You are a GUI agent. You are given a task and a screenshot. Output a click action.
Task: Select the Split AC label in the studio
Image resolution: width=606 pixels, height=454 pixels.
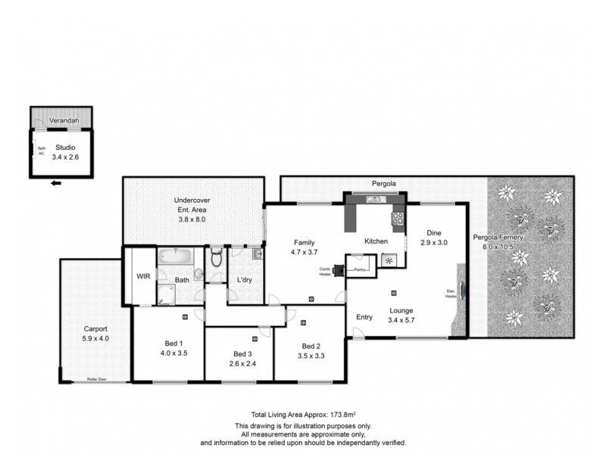[x=42, y=151]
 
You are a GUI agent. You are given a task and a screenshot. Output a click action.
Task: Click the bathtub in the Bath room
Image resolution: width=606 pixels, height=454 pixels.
[x=176, y=257]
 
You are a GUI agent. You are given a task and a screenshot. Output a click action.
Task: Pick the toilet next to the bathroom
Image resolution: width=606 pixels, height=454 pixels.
[x=216, y=259]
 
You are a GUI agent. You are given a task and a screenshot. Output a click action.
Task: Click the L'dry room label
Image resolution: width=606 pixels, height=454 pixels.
[x=245, y=281]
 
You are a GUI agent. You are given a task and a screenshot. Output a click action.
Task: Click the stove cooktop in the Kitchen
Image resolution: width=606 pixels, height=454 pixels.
[x=396, y=219]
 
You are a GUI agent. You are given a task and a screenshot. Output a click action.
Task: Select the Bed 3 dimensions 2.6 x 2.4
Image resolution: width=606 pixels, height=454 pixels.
[x=242, y=363]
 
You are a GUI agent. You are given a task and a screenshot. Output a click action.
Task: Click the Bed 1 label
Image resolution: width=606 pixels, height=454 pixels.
[x=173, y=343]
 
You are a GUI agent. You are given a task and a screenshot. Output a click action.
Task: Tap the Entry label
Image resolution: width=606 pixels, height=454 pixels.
[x=364, y=317]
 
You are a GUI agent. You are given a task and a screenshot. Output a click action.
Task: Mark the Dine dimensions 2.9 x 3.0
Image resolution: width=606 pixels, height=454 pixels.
[x=435, y=243]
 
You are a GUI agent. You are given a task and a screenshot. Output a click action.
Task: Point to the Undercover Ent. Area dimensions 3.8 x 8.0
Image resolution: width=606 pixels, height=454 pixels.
[x=192, y=219]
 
